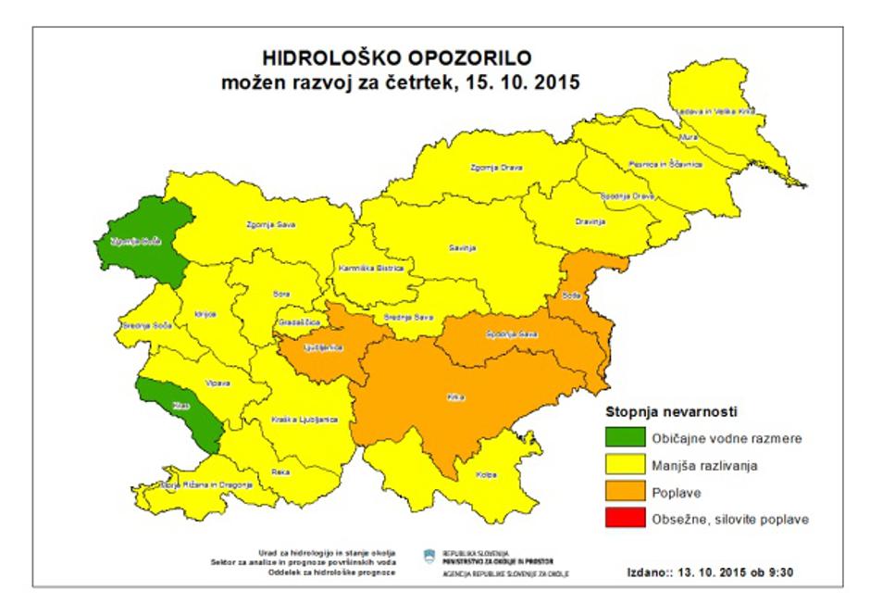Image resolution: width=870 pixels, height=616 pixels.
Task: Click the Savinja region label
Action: [463, 249]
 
